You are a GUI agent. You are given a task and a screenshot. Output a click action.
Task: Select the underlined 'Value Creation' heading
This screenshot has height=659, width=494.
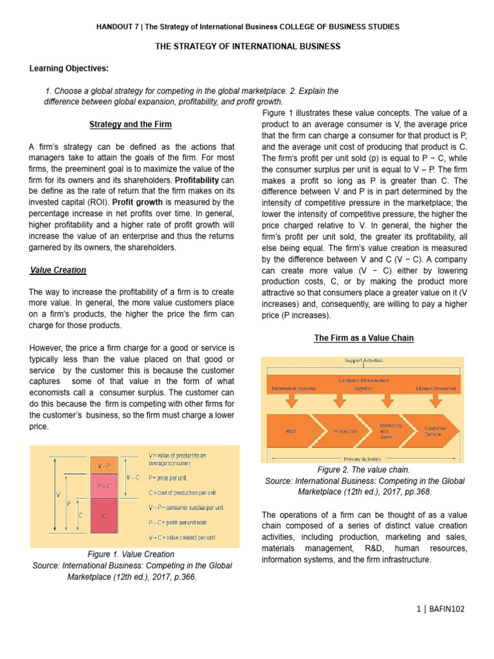58,270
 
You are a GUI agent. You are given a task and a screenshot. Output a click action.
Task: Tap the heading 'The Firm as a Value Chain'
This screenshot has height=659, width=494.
363,338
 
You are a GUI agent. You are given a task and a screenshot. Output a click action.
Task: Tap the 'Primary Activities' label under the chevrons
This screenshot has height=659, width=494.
363,459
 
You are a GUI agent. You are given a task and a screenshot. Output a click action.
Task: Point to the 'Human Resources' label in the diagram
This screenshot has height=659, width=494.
436,389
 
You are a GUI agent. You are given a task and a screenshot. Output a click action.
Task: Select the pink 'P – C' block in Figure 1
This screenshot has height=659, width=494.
104,487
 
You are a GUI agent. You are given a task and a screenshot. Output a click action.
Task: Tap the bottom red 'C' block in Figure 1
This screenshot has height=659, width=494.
104,515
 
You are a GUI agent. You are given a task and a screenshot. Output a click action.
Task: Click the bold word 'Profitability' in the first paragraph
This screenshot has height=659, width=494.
201,180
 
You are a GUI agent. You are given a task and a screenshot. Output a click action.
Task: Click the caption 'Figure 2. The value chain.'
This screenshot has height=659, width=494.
363,470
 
